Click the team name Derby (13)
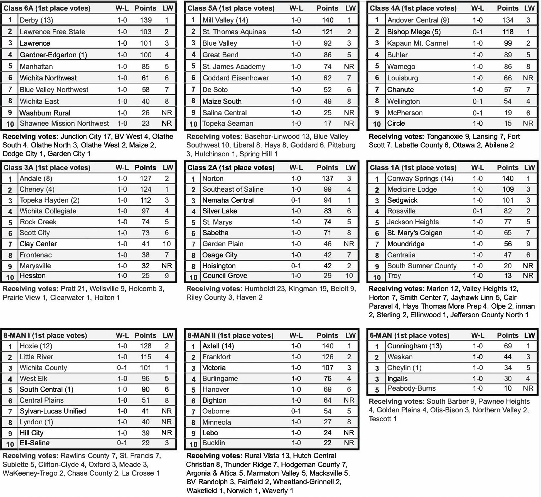36,20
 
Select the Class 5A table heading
231,8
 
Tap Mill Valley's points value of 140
327,20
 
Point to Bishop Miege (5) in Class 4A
414,32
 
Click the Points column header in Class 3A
145,168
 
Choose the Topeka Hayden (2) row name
49,200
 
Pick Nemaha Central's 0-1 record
296,200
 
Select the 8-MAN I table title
45,335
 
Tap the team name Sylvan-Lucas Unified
53,411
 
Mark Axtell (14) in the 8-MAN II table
218,346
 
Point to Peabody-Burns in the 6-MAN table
411,388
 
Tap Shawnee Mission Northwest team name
64,123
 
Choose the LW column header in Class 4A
529,8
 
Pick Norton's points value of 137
327,178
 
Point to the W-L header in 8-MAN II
296,335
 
